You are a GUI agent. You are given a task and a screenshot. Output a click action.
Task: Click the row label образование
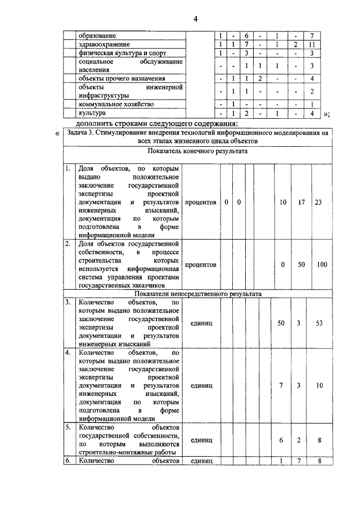click(97, 35)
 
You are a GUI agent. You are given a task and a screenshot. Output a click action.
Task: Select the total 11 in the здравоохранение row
click(314, 44)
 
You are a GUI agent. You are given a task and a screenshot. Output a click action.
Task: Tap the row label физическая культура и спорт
click(117, 52)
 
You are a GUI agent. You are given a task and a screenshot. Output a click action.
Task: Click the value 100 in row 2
click(321, 264)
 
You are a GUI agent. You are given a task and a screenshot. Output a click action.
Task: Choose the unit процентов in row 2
click(201, 264)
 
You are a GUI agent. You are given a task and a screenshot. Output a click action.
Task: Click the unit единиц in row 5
click(201, 441)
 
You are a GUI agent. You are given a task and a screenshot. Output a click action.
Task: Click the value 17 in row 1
click(301, 201)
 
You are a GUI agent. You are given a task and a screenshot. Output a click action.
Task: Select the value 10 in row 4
click(319, 386)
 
